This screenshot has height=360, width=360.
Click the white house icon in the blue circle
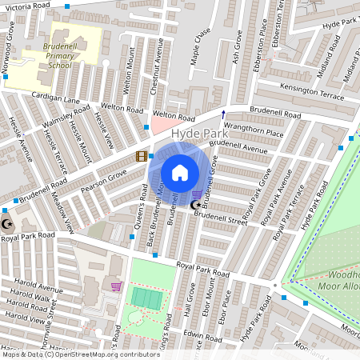pyautogui.click(x=180, y=172)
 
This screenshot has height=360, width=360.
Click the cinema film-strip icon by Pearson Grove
pyautogui.click(x=141, y=157)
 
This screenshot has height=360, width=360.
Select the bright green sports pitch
pyautogui.click(x=146, y=298)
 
